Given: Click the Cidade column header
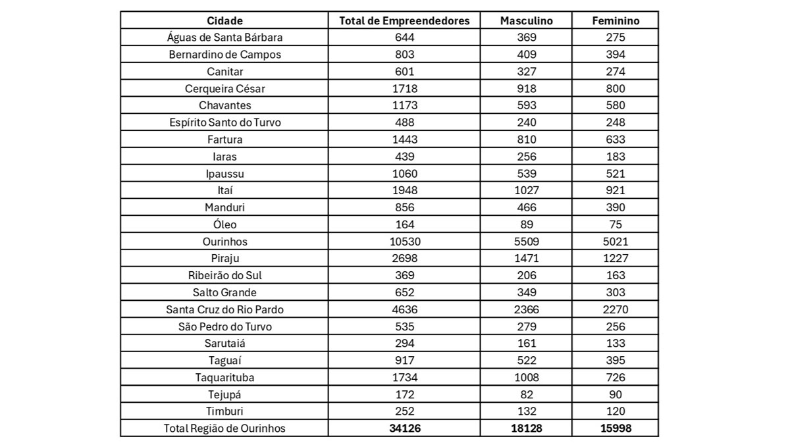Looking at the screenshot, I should coord(224,20).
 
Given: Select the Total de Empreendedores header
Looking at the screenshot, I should coord(404,20).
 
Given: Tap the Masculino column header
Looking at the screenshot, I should coord(527,20).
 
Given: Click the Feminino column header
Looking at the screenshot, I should coord(616,20).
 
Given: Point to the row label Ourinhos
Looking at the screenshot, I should coord(224,242).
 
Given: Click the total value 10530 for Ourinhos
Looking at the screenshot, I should coord(404,242).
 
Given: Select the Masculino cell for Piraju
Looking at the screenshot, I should coord(527,259).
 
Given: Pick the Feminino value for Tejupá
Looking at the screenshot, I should coord(616,394).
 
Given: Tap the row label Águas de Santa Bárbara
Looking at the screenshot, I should coord(224,38).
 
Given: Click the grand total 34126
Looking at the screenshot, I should coord(404,429).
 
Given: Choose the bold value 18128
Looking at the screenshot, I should coord(527,429).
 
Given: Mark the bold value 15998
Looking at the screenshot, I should coord(616,429).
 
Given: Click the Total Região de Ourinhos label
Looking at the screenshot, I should coord(224,429).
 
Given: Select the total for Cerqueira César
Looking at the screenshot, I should coord(404,88).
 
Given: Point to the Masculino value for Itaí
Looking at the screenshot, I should coord(527,190).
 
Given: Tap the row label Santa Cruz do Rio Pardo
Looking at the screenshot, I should coord(224,309).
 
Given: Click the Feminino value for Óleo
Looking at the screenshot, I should coord(616,224).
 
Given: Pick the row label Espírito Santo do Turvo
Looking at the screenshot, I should coord(224,122).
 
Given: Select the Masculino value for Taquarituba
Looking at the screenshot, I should coord(527,377).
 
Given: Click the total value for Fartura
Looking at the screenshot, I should coord(404,140).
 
